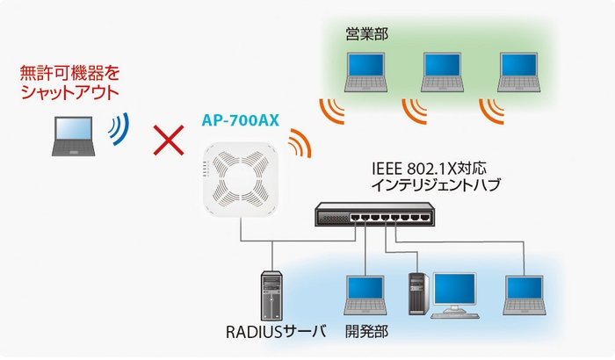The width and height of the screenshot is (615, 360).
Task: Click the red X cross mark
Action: click(x=168, y=140)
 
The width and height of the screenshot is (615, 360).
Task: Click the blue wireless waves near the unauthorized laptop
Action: click(x=118, y=130)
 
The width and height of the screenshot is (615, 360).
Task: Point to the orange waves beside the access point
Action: click(x=300, y=141)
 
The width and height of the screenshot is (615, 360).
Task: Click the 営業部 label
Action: click(x=367, y=34)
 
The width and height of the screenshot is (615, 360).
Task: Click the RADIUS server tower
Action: click(x=271, y=296)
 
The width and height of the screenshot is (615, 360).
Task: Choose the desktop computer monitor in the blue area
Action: click(x=454, y=291)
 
